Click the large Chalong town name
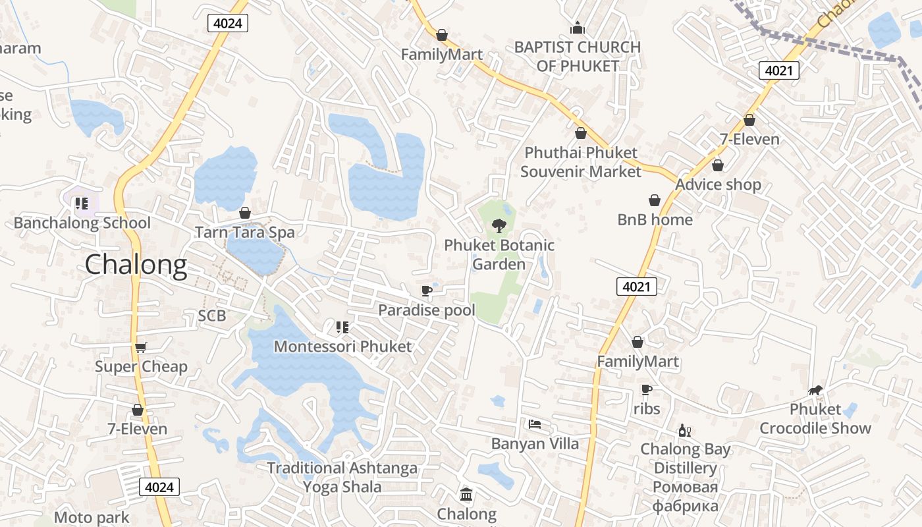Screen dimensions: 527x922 (x=136, y=265)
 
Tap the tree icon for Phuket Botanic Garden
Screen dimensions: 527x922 (x=499, y=227)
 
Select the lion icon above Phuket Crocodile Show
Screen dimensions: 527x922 (x=815, y=391)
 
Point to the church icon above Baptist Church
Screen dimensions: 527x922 (x=578, y=28)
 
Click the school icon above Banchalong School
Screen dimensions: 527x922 (x=82, y=204)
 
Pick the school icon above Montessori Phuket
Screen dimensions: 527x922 (x=342, y=327)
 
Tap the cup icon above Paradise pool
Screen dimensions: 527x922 (x=427, y=291)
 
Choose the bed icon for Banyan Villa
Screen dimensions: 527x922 (x=535, y=424)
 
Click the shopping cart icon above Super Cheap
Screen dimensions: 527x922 (x=140, y=347)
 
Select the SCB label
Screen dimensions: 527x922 (x=212, y=316)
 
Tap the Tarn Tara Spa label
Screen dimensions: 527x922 (x=244, y=233)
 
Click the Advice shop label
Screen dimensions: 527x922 (x=718, y=184)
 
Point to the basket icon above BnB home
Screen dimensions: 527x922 (x=655, y=200)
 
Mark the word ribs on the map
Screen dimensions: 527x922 (x=647, y=409)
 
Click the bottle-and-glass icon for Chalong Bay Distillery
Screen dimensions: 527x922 (x=685, y=431)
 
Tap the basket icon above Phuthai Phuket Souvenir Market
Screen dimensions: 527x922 (x=581, y=134)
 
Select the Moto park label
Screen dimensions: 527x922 (x=92, y=518)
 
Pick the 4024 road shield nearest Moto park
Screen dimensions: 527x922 (x=159, y=487)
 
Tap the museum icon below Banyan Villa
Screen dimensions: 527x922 (x=466, y=494)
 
